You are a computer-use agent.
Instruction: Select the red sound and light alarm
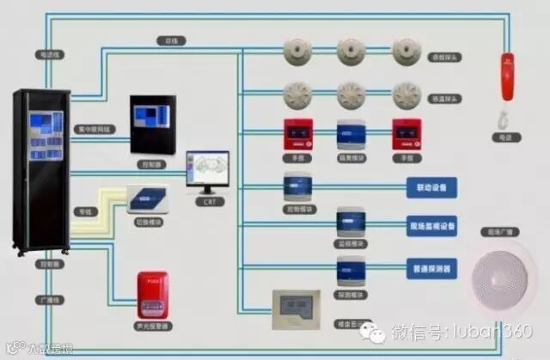tap(152, 295)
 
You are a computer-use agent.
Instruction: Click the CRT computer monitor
tap(208, 172)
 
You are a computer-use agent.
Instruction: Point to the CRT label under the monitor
tap(209, 203)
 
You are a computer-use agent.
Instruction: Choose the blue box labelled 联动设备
tap(431, 186)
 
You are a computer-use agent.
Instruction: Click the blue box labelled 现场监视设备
tap(431, 227)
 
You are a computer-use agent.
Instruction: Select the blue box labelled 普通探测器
tap(431, 268)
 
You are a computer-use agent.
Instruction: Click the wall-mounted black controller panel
tap(153, 125)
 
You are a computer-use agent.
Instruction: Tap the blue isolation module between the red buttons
tap(351, 135)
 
